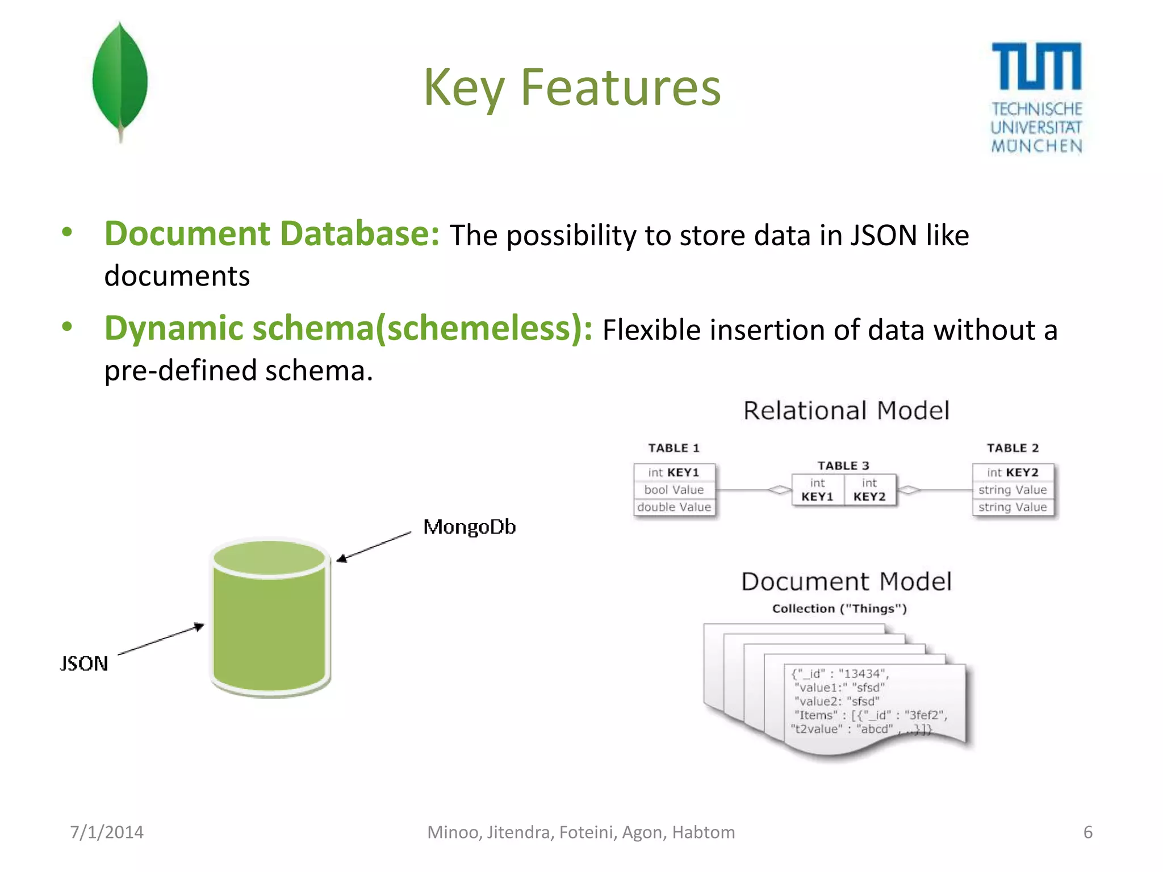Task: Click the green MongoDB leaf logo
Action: pos(120,79)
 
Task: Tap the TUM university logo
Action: pos(1036,97)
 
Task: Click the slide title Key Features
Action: pos(572,87)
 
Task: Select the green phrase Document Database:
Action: pos(271,233)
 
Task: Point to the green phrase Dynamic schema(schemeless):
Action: pos(348,328)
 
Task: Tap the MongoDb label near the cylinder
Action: pos(470,527)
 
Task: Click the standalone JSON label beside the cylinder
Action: pos(84,663)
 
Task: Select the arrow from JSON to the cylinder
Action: pos(161,640)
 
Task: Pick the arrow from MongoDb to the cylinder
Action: pos(374,546)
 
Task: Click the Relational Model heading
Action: pos(846,410)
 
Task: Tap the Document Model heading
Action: pos(846,581)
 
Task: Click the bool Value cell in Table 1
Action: pos(674,489)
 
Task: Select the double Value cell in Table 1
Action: pos(674,507)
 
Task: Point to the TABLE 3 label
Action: pos(843,466)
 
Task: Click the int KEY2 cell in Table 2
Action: pos(1013,472)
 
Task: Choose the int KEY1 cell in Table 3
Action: pos(817,489)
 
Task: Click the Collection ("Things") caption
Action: pos(839,609)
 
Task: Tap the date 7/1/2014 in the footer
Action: pos(107,832)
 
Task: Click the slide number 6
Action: pos(1087,832)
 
